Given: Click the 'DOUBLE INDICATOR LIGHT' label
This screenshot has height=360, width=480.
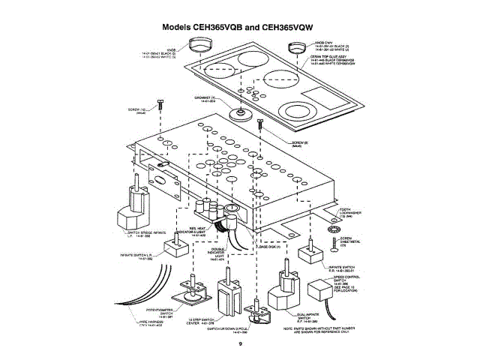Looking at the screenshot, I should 218,254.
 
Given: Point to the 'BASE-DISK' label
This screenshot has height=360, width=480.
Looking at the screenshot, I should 268,246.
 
